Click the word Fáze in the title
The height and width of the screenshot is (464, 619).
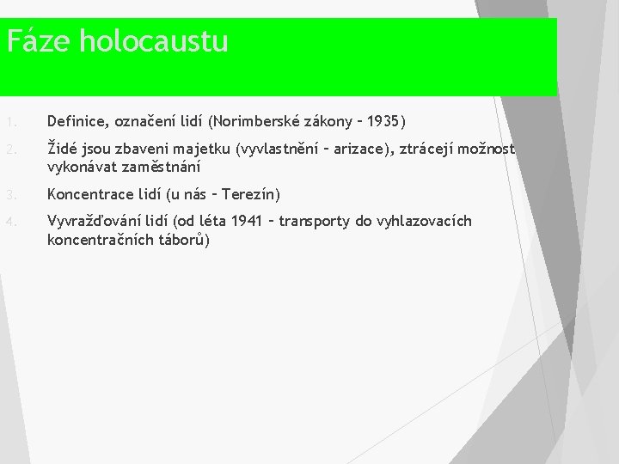(39, 40)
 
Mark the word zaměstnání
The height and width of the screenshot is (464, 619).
(161, 167)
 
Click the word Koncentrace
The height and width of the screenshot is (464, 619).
(90, 194)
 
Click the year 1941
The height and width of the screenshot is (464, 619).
(247, 221)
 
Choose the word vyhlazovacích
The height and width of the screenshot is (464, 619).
(424, 222)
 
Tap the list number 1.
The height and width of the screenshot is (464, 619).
(11, 122)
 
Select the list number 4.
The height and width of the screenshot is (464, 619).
(11, 222)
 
